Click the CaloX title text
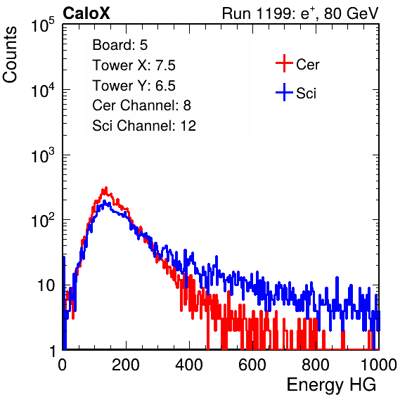pos(86,13)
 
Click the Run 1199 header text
pos(300,13)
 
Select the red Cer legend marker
pos(284,63)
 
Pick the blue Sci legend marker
pos(284,92)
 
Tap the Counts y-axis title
pos(10,55)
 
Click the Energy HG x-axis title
pos(331,385)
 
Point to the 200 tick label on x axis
pos(126,365)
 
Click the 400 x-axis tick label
pos(189,365)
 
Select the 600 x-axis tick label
pos(252,365)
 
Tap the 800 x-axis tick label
pos(316,365)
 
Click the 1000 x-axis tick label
pos(379,365)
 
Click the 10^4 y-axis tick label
pos(43,90)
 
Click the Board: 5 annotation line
pos(120,45)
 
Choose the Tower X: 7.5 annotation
pos(134,65)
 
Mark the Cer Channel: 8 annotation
pos(141,105)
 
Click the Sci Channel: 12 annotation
pos(144,126)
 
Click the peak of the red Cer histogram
pos(106,188)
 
